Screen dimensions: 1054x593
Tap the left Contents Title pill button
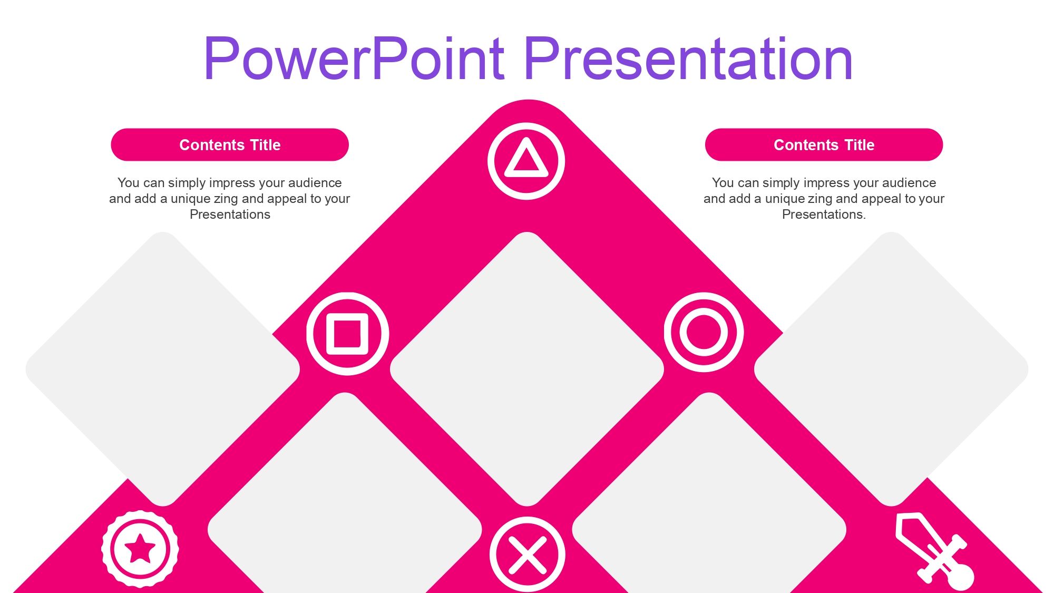pyautogui.click(x=230, y=144)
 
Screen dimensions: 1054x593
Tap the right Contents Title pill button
pyautogui.click(x=824, y=144)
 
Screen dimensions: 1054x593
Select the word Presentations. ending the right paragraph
pyautogui.click(x=824, y=215)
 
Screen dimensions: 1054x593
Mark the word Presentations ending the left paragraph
pyautogui.click(x=230, y=215)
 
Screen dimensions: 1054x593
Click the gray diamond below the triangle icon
pyautogui.click(x=527, y=369)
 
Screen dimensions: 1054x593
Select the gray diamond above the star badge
pyautogui.click(x=163, y=369)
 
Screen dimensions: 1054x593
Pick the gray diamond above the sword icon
pyautogui.click(x=891, y=369)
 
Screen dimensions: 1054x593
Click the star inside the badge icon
pyautogui.click(x=140, y=549)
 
